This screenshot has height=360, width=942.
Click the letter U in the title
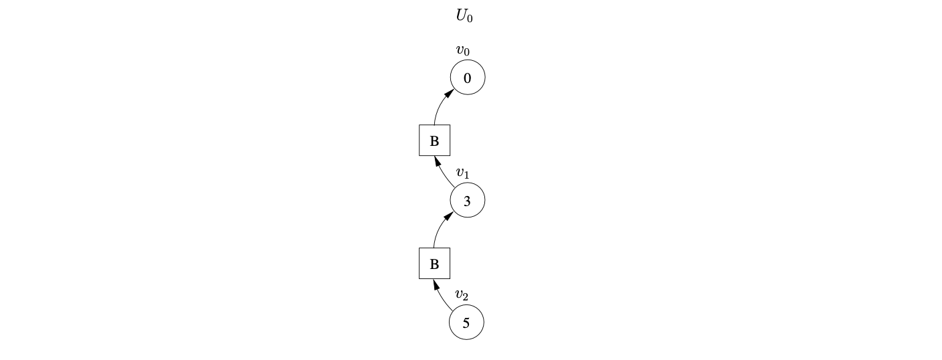click(x=462, y=15)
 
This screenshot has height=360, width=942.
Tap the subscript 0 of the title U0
click(x=470, y=19)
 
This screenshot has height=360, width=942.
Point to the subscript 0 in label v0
click(x=466, y=52)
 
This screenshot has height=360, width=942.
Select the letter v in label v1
click(x=460, y=172)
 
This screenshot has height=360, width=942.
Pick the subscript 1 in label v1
click(x=466, y=175)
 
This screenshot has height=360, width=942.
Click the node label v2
click(x=462, y=294)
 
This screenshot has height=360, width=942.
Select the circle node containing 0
click(x=467, y=78)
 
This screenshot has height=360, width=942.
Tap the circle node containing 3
click(x=467, y=201)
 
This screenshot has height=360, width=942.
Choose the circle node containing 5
click(x=466, y=323)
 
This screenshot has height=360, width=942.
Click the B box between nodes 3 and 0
click(x=434, y=141)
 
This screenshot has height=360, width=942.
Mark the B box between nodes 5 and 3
click(x=434, y=264)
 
